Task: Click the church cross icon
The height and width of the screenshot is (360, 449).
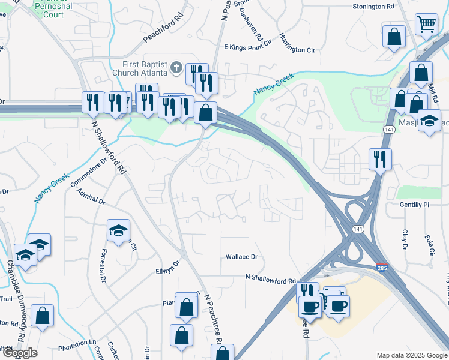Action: click(x=176, y=67)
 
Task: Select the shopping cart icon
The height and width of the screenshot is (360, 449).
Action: click(x=427, y=25)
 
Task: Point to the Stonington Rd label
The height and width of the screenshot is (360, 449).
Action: click(x=373, y=7)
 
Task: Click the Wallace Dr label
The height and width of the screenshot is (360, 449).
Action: click(x=241, y=257)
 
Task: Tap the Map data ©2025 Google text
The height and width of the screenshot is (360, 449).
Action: click(x=411, y=355)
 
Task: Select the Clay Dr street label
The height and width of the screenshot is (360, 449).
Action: click(x=405, y=239)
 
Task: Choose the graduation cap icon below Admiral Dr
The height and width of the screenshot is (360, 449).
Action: click(x=118, y=230)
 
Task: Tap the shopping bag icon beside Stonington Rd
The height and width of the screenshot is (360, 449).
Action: click(x=394, y=36)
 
